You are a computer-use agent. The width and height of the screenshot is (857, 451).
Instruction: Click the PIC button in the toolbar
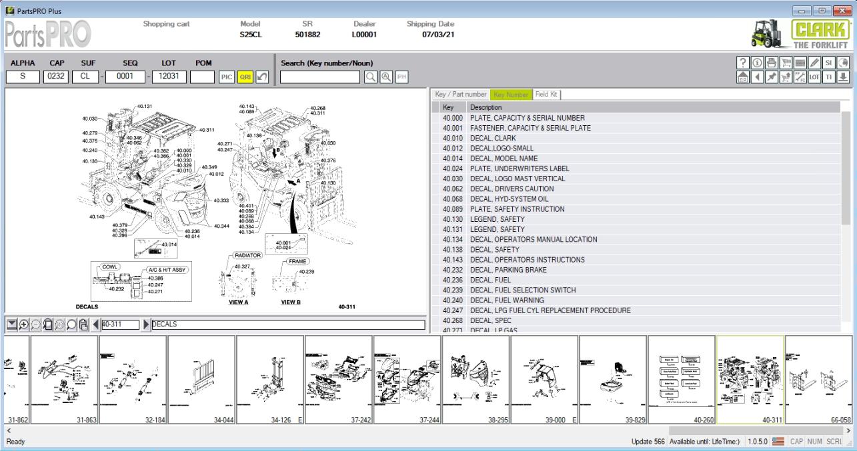click(227, 77)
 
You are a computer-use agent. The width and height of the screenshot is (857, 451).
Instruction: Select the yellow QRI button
click(245, 77)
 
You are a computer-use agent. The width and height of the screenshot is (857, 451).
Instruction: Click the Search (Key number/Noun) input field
click(321, 77)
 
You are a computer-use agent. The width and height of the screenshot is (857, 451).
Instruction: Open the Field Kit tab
click(547, 95)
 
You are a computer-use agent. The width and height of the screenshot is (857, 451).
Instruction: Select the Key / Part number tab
click(461, 95)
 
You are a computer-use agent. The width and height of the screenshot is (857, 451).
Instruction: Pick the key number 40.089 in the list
click(452, 209)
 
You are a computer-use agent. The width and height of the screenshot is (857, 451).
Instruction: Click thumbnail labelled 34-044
click(201, 380)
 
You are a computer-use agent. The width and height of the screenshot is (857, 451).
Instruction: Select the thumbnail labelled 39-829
click(612, 380)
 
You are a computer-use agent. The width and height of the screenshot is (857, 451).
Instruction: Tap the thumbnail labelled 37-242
click(338, 380)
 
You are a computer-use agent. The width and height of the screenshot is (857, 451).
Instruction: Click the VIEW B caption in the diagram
click(291, 302)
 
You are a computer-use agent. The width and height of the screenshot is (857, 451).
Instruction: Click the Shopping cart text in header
click(166, 24)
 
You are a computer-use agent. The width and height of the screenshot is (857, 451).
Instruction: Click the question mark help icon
click(742, 63)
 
